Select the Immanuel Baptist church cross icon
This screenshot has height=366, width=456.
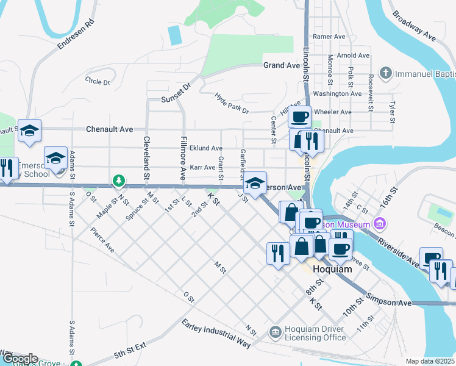[x=385, y=74]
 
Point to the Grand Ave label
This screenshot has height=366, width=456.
[x=282, y=65]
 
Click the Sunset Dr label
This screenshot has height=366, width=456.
[x=176, y=95]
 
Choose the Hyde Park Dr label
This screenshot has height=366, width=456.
[x=232, y=103]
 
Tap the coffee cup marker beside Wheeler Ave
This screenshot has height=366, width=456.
[x=299, y=116]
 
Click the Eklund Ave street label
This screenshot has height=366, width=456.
[x=205, y=148]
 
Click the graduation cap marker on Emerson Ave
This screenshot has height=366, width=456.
[x=255, y=182]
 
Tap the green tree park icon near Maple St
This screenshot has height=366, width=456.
[x=119, y=181]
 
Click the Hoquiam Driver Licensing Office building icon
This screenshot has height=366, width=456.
[x=276, y=331]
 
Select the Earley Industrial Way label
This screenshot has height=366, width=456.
[x=216, y=333]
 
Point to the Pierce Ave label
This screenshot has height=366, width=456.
[x=102, y=240]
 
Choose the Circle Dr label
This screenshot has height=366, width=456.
[x=98, y=81]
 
